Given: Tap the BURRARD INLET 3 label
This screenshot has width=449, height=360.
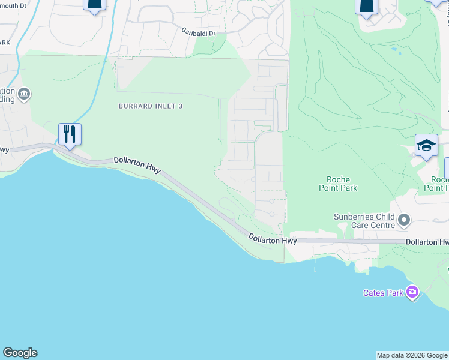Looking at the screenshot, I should [x=151, y=106].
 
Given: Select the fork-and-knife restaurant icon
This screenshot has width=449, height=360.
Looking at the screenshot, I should [x=70, y=134].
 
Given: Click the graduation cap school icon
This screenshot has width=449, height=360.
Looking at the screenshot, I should [x=426, y=146].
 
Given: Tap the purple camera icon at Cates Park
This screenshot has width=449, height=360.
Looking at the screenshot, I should [x=412, y=292].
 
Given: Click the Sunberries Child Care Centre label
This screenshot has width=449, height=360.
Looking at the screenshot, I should [x=364, y=221].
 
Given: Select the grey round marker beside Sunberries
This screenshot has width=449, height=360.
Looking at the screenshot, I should [x=404, y=220].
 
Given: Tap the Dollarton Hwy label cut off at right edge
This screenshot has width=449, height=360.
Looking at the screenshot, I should [x=427, y=241].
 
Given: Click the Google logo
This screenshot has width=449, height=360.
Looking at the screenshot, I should [x=20, y=353].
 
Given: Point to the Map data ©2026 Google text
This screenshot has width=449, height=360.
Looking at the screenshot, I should [x=412, y=355].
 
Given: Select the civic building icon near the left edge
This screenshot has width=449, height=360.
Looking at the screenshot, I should [x=24, y=94].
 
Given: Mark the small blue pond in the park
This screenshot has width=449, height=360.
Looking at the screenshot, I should [x=394, y=50].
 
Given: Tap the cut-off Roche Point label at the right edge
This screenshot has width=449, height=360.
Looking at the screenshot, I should [x=439, y=184].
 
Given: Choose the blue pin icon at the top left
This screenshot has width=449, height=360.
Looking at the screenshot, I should [x=95, y=5].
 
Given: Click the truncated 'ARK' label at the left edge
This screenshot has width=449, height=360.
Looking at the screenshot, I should [x=5, y=43].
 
